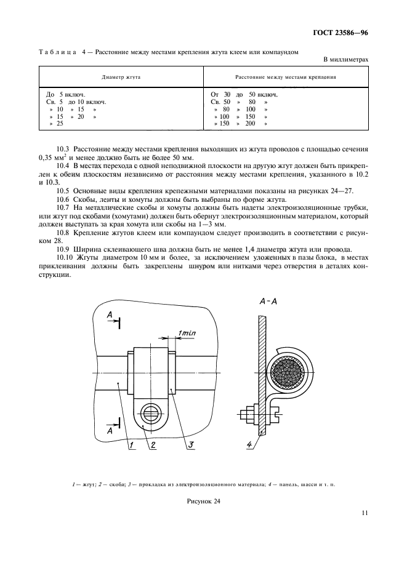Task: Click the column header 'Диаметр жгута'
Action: [121, 79]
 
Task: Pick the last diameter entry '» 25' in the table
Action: [56, 124]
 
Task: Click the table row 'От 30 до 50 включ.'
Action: [244, 94]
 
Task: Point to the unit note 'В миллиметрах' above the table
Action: [345, 60]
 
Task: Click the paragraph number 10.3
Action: [62, 149]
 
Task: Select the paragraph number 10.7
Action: [62, 209]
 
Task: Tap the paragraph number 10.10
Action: [63, 257]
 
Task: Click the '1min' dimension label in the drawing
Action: [187, 333]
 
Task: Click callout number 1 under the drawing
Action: [131, 446]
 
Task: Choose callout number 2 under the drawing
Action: [153, 446]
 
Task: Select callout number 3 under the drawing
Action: [191, 446]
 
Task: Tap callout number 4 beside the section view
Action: [248, 444]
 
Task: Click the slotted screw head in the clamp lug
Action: [150, 410]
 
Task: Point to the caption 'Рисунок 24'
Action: [203, 502]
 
